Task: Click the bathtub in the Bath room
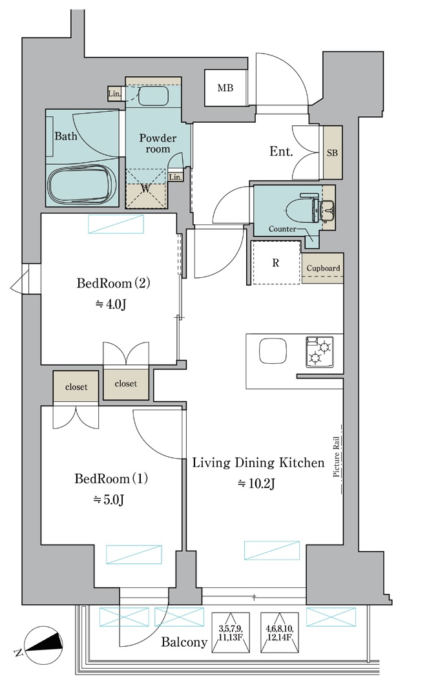pyautogui.click(x=82, y=185)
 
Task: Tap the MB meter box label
pyautogui.click(x=225, y=88)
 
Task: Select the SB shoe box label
pyautogui.click(x=332, y=152)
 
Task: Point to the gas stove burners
pyautogui.click(x=320, y=351)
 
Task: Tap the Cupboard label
pyautogui.click(x=324, y=268)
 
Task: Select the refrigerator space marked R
pyautogui.click(x=276, y=262)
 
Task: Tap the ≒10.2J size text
pyautogui.click(x=256, y=484)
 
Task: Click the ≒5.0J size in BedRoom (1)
pyautogui.click(x=108, y=499)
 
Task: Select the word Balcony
pyautogui.click(x=184, y=642)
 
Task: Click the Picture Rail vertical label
pyautogui.click(x=337, y=457)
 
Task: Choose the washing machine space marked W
pyautogui.click(x=146, y=189)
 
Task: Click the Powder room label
pyautogui.click(x=158, y=143)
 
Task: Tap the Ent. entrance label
pyautogui.click(x=281, y=152)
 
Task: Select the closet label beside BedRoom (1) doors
pyautogui.click(x=76, y=387)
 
